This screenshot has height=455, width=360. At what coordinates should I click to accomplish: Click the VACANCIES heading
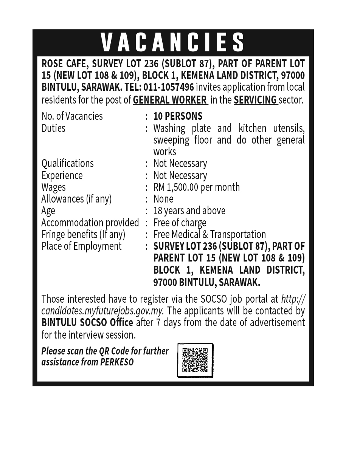[x=173, y=42]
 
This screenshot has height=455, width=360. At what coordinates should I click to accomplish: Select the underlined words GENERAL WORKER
[x=170, y=100]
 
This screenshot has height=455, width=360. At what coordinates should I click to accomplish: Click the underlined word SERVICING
[x=256, y=100]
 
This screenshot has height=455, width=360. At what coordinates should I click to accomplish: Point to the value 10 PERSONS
[x=178, y=116]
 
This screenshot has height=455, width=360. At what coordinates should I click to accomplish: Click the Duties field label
[x=53, y=128]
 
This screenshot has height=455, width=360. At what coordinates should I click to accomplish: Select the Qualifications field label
[x=67, y=163]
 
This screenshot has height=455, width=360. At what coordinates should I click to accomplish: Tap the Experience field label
[x=62, y=175]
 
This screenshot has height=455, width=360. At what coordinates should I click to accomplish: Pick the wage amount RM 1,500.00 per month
[x=196, y=187]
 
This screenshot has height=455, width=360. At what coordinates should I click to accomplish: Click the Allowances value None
[x=163, y=199]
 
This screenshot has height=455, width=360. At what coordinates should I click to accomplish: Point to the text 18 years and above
[x=189, y=210]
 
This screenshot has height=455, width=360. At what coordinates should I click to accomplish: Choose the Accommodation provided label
[x=90, y=223]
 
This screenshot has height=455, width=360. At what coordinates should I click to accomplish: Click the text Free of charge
[x=180, y=223]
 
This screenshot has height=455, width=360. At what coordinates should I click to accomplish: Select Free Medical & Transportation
[x=209, y=234]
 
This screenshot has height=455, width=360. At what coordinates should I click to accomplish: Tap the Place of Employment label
[x=81, y=246]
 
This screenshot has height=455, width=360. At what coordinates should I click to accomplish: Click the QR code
[x=195, y=360]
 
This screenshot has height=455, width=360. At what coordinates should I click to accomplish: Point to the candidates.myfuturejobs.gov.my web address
[x=102, y=311]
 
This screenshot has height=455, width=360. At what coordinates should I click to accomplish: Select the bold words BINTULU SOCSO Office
[x=87, y=323]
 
